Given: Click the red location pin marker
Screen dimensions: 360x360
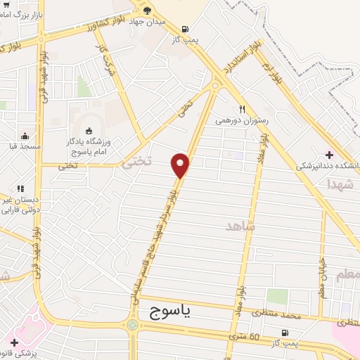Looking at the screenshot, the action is pos(181,165).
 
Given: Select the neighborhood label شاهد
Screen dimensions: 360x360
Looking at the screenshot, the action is pos(240,226).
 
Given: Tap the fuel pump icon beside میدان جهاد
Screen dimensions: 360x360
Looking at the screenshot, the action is pos(185,29).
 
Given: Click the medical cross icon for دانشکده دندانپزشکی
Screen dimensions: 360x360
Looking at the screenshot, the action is pos(329,155).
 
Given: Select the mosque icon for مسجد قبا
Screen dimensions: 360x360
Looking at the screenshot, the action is pos(25,136).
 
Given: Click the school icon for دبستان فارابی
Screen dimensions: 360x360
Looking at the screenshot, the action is pos(20,188).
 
